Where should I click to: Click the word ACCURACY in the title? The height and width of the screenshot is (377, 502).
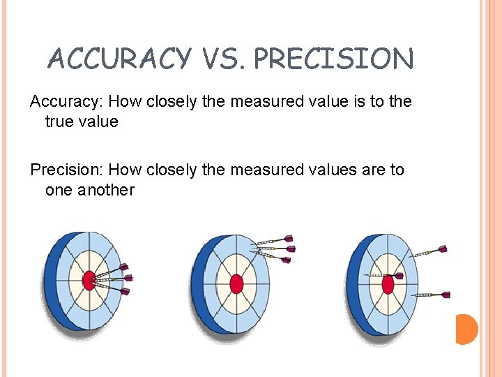119,59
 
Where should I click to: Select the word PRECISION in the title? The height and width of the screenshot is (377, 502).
333,59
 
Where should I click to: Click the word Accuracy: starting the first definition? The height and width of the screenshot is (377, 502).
65,102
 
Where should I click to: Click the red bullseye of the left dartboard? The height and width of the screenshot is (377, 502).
89,281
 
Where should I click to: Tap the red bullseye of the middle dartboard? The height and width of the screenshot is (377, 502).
236,284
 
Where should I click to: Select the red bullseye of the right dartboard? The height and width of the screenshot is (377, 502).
388,283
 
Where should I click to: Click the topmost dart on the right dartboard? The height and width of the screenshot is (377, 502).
429,251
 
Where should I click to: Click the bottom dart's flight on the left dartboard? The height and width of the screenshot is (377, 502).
125,291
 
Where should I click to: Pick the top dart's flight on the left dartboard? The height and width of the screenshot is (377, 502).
124,267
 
